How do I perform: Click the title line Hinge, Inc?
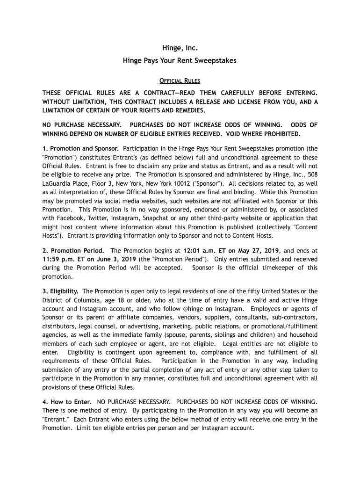pyautogui.click(x=180, y=48)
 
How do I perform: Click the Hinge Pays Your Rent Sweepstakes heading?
pyautogui.click(x=180, y=60)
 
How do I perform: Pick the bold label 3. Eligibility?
pyautogui.click(x=60, y=291)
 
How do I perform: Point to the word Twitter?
pyautogui.click(x=103, y=218)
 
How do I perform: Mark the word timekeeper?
pyautogui.click(x=282, y=268)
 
